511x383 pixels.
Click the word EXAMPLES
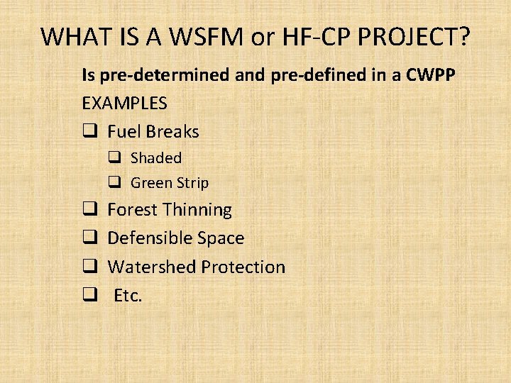point(125,103)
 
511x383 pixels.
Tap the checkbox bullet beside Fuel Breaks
point(89,132)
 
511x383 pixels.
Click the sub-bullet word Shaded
point(156,158)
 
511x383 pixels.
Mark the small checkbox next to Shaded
point(114,158)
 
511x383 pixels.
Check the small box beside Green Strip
point(114,183)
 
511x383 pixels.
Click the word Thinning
point(197,210)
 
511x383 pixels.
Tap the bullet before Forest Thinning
point(89,210)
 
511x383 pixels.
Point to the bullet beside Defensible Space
point(89,238)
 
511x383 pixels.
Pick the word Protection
point(243,267)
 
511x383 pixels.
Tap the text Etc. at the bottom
point(128,296)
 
